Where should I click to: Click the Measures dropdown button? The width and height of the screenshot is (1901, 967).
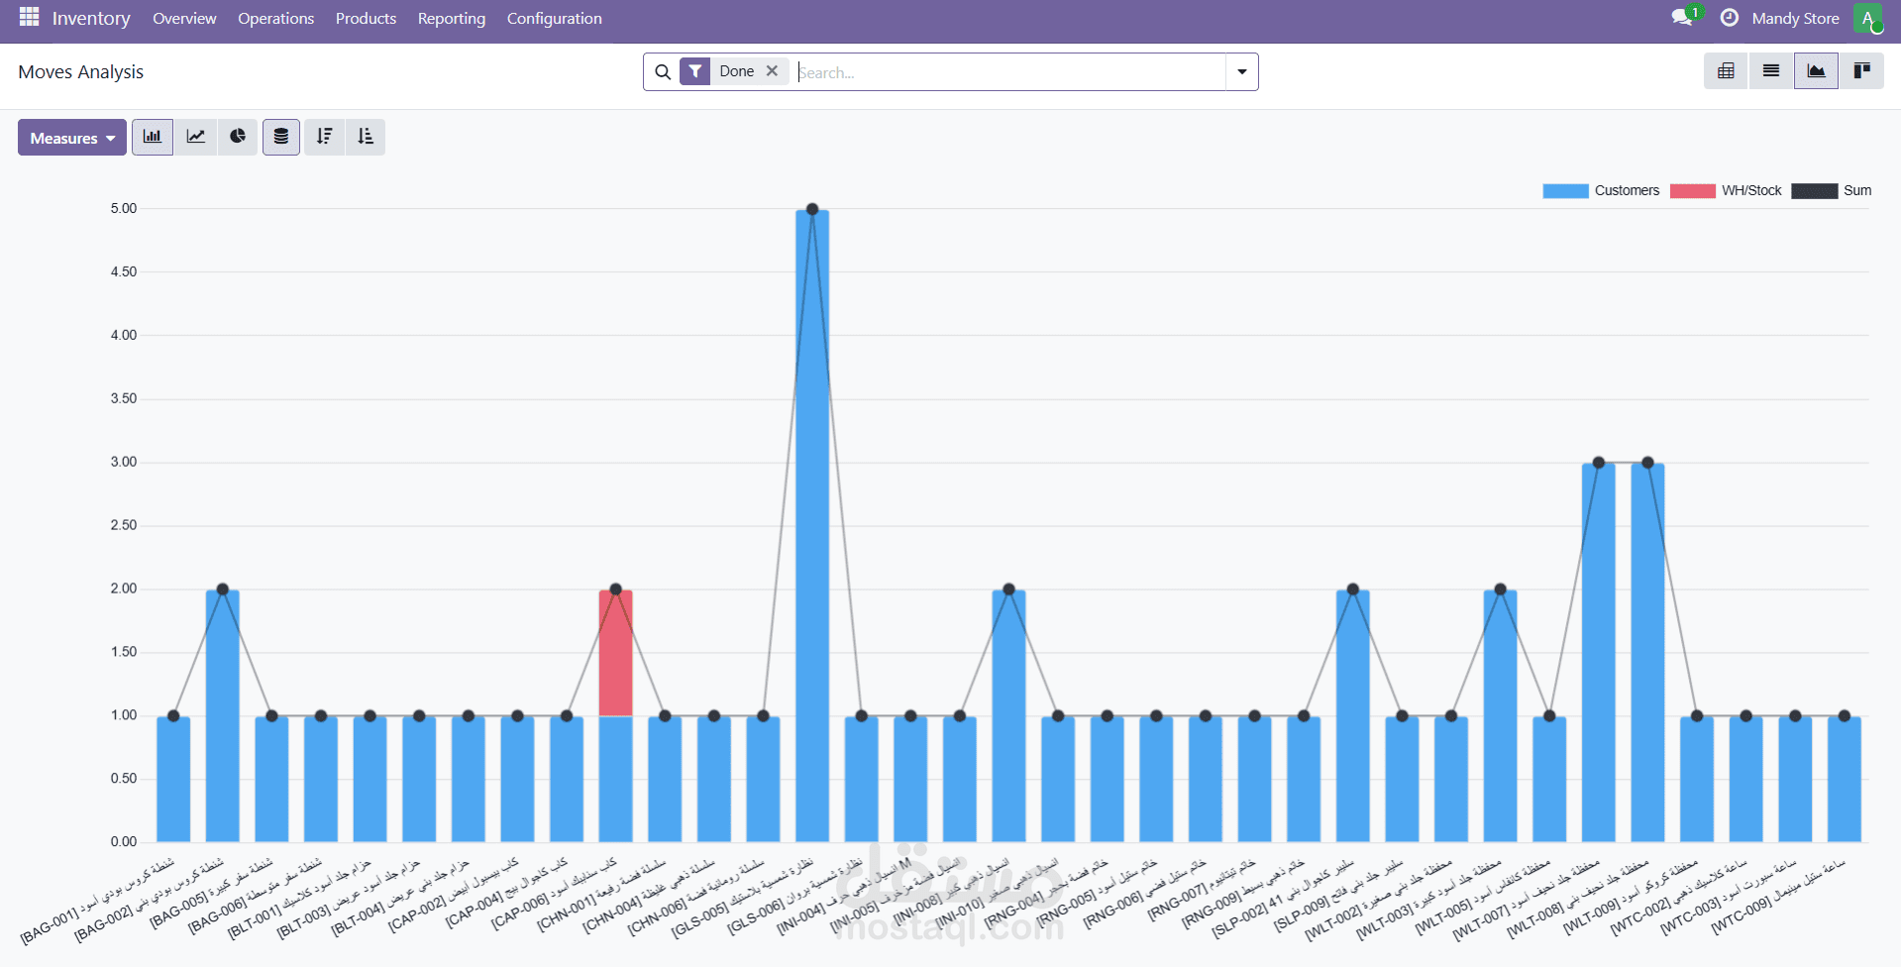click(71, 138)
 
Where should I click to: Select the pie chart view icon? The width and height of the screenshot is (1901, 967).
click(238, 137)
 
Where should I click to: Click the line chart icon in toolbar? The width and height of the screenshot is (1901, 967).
click(196, 137)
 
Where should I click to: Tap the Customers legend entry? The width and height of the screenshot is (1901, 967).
click(1601, 191)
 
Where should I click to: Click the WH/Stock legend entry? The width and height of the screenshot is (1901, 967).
click(1726, 191)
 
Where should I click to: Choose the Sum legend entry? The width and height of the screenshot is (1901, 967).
click(1832, 191)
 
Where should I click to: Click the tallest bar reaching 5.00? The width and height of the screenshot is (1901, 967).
click(812, 525)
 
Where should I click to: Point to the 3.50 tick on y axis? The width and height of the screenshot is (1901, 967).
click(124, 398)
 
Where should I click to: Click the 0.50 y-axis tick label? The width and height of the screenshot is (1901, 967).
click(124, 779)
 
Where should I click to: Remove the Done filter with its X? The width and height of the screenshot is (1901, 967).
click(772, 71)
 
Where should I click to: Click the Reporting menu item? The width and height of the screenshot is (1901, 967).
click(452, 19)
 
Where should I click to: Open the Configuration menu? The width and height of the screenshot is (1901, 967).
click(554, 19)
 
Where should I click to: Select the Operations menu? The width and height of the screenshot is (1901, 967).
click(275, 19)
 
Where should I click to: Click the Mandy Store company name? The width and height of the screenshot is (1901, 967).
click(1795, 19)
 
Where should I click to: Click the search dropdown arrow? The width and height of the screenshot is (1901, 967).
click(1242, 71)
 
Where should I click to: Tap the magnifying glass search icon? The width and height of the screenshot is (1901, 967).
click(663, 71)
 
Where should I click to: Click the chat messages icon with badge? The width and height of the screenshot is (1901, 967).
click(1682, 18)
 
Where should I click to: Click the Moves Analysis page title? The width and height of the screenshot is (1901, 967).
click(81, 71)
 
